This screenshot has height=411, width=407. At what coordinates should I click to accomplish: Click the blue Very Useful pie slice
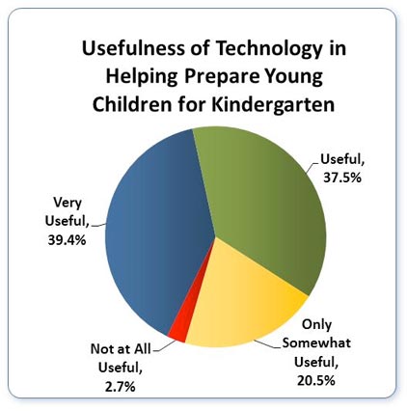pyautogui.click(x=154, y=232)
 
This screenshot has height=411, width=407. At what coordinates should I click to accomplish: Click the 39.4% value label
pyautogui.click(x=67, y=239)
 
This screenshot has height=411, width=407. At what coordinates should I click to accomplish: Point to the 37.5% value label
pyautogui.click(x=342, y=178)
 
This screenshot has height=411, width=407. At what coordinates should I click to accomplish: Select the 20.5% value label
pyautogui.click(x=316, y=381)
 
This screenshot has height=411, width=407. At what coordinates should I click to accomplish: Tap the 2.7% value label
pyautogui.click(x=120, y=387)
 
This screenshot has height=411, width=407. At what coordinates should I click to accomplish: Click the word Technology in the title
pyautogui.click(x=268, y=50)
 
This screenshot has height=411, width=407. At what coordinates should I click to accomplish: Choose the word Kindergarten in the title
pyautogui.click(x=273, y=104)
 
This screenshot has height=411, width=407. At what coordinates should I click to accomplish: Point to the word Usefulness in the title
pyautogui.click(x=133, y=48)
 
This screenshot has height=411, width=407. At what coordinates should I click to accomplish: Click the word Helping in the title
pyautogui.click(x=142, y=77)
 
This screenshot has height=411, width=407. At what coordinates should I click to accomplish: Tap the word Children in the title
pyautogui.click(x=132, y=104)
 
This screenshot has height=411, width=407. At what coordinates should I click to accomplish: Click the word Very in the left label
pyautogui.click(x=68, y=203)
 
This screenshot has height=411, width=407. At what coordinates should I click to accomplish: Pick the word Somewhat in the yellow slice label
pyautogui.click(x=316, y=342)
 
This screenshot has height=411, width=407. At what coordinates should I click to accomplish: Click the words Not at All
pyautogui.click(x=121, y=349)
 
